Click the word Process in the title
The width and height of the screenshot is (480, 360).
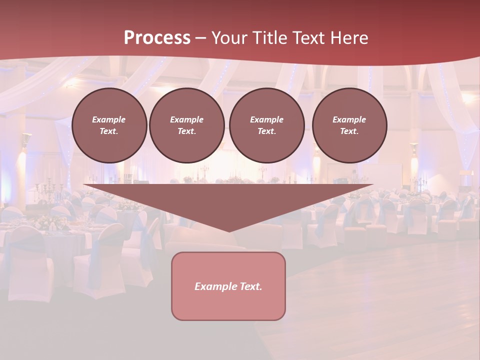tap(157, 38)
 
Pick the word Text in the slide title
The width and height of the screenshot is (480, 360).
tap(309, 38)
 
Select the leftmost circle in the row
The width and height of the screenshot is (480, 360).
tap(109, 125)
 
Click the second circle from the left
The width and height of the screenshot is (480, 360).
tap(187, 125)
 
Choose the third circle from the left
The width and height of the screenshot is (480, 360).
tap(267, 125)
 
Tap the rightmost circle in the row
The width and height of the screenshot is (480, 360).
tap(349, 125)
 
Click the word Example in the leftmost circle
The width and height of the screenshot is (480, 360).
tap(109, 119)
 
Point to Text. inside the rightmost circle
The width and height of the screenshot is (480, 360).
tap(349, 131)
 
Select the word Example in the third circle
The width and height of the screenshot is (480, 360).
tap(267, 119)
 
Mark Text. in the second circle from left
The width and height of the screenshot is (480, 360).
tap(187, 131)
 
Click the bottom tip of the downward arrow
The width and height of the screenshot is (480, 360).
tap(228, 230)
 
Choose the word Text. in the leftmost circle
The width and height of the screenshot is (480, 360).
tap(109, 131)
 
